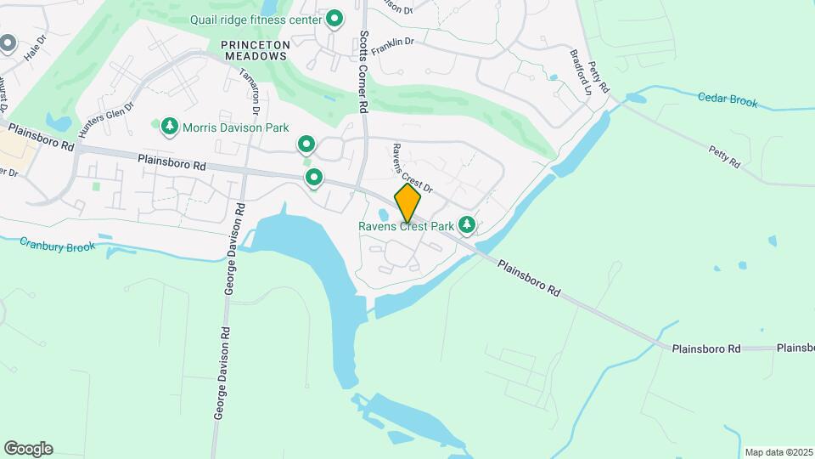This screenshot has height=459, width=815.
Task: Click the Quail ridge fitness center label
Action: pos(256,20)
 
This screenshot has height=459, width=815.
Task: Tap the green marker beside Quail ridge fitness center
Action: pos(334,18)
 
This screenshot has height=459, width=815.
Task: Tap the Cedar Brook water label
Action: pos(728,99)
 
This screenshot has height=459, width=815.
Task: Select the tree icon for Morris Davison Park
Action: pos(170,127)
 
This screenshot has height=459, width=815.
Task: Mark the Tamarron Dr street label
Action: pos(249,92)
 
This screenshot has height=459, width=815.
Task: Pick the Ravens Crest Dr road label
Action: pos(412,167)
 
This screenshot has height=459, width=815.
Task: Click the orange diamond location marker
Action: pos(407,202)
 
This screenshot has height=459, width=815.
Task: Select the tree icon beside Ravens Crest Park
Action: pos(466,225)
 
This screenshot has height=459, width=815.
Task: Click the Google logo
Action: pos(28,449)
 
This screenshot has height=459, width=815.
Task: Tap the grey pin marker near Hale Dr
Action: pos(8,42)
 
